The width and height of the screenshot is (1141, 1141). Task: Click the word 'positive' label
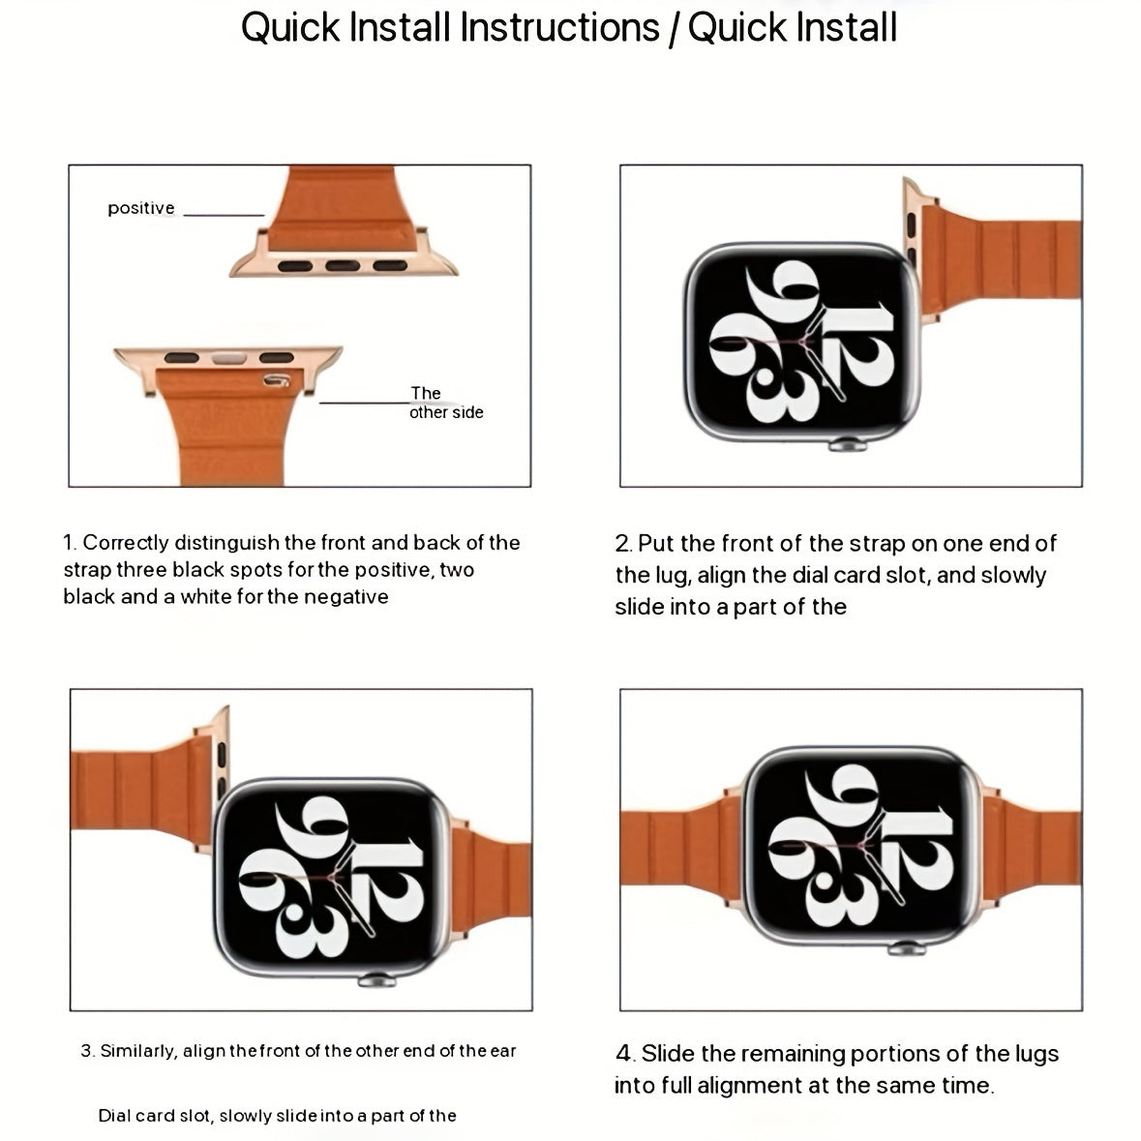click(140, 208)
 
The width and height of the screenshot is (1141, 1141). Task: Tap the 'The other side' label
click(444, 403)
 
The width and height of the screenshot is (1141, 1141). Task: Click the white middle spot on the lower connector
click(229, 357)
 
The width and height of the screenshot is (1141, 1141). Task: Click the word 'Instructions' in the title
click(557, 27)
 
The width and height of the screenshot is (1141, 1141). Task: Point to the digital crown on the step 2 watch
click(842, 446)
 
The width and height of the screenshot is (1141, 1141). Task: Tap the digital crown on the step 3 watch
click(371, 980)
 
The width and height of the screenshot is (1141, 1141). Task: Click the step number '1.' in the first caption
click(70, 543)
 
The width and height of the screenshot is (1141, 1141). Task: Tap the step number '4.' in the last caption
click(625, 1053)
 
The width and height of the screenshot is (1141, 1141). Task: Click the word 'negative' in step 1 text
click(346, 597)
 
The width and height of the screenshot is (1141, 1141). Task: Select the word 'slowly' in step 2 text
click(1013, 575)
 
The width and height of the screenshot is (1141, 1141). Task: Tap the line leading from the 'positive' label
click(224, 215)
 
